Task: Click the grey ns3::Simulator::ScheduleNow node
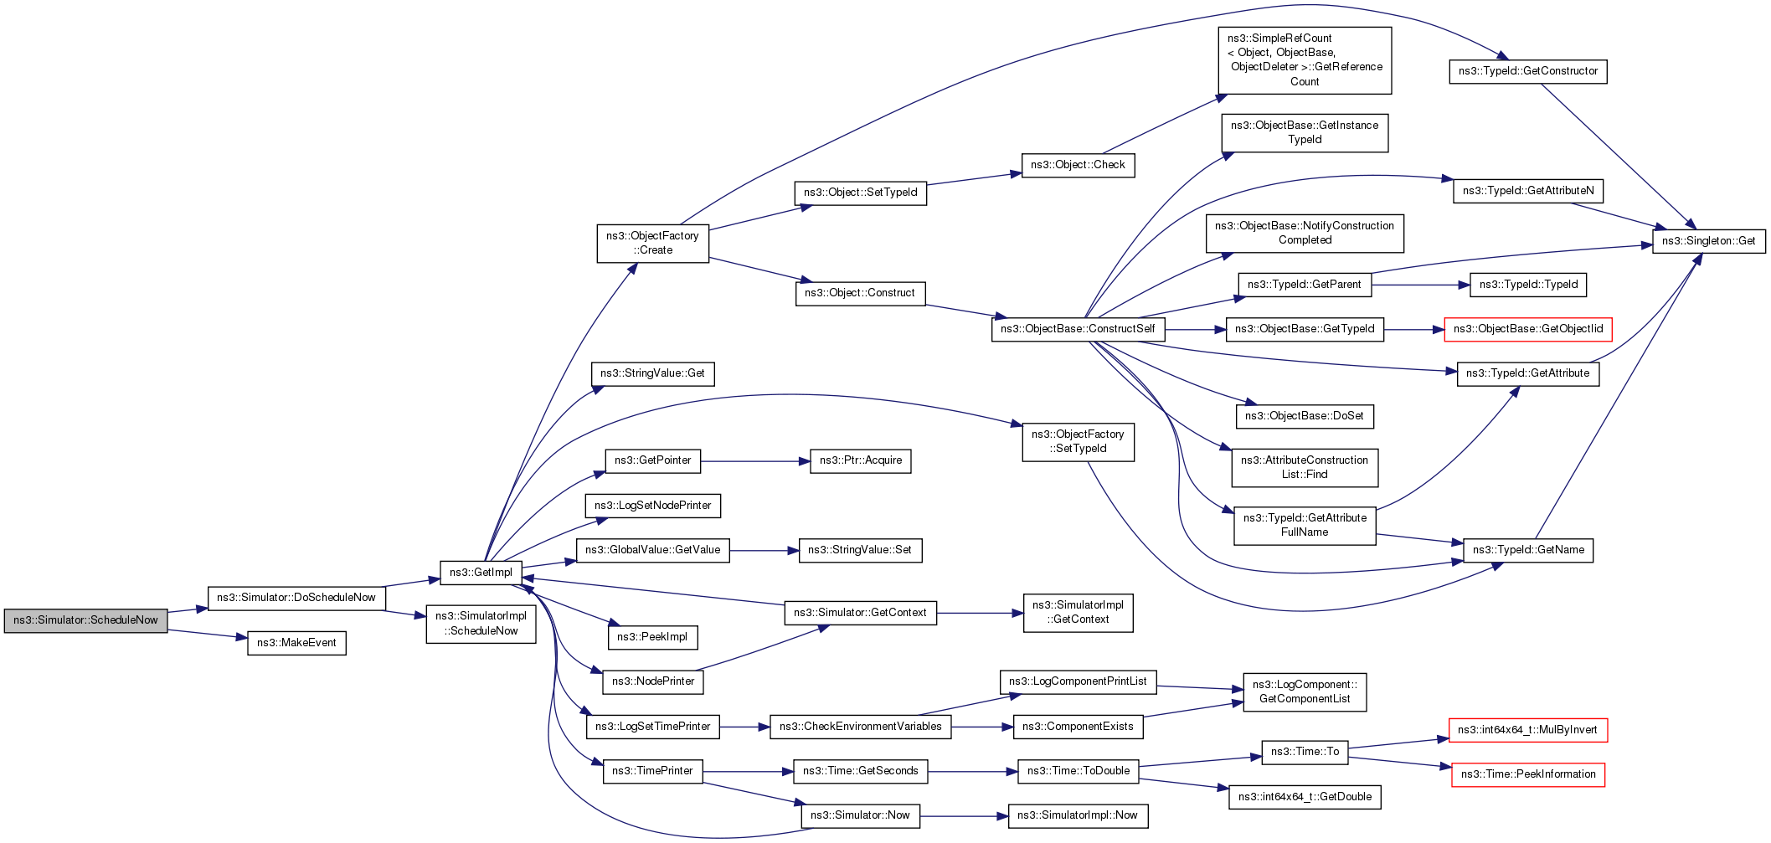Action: point(85,620)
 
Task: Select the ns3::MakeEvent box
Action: point(296,643)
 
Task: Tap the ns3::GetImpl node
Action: point(481,573)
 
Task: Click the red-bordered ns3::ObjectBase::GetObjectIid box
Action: point(1527,329)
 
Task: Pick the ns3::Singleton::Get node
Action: point(1708,241)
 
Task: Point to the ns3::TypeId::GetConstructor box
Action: point(1527,71)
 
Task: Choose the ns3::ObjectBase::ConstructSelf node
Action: point(1077,329)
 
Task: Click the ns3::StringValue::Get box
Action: point(652,373)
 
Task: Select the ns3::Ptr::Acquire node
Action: point(860,460)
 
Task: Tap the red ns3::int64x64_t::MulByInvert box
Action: point(1527,730)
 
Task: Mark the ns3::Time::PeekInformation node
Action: point(1527,774)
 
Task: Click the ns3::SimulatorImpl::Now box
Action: point(1077,815)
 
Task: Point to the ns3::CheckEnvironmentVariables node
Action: point(860,727)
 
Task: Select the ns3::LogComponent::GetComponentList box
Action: point(1305,691)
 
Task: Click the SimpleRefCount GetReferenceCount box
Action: point(1305,60)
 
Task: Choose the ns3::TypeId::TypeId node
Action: point(1527,285)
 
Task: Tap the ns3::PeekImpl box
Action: point(652,637)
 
